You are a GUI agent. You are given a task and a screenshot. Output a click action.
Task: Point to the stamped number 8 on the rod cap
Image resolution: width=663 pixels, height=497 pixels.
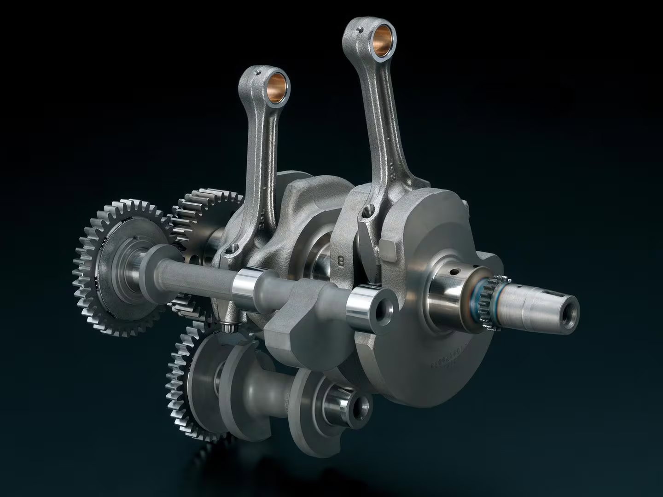click(x=341, y=261)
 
